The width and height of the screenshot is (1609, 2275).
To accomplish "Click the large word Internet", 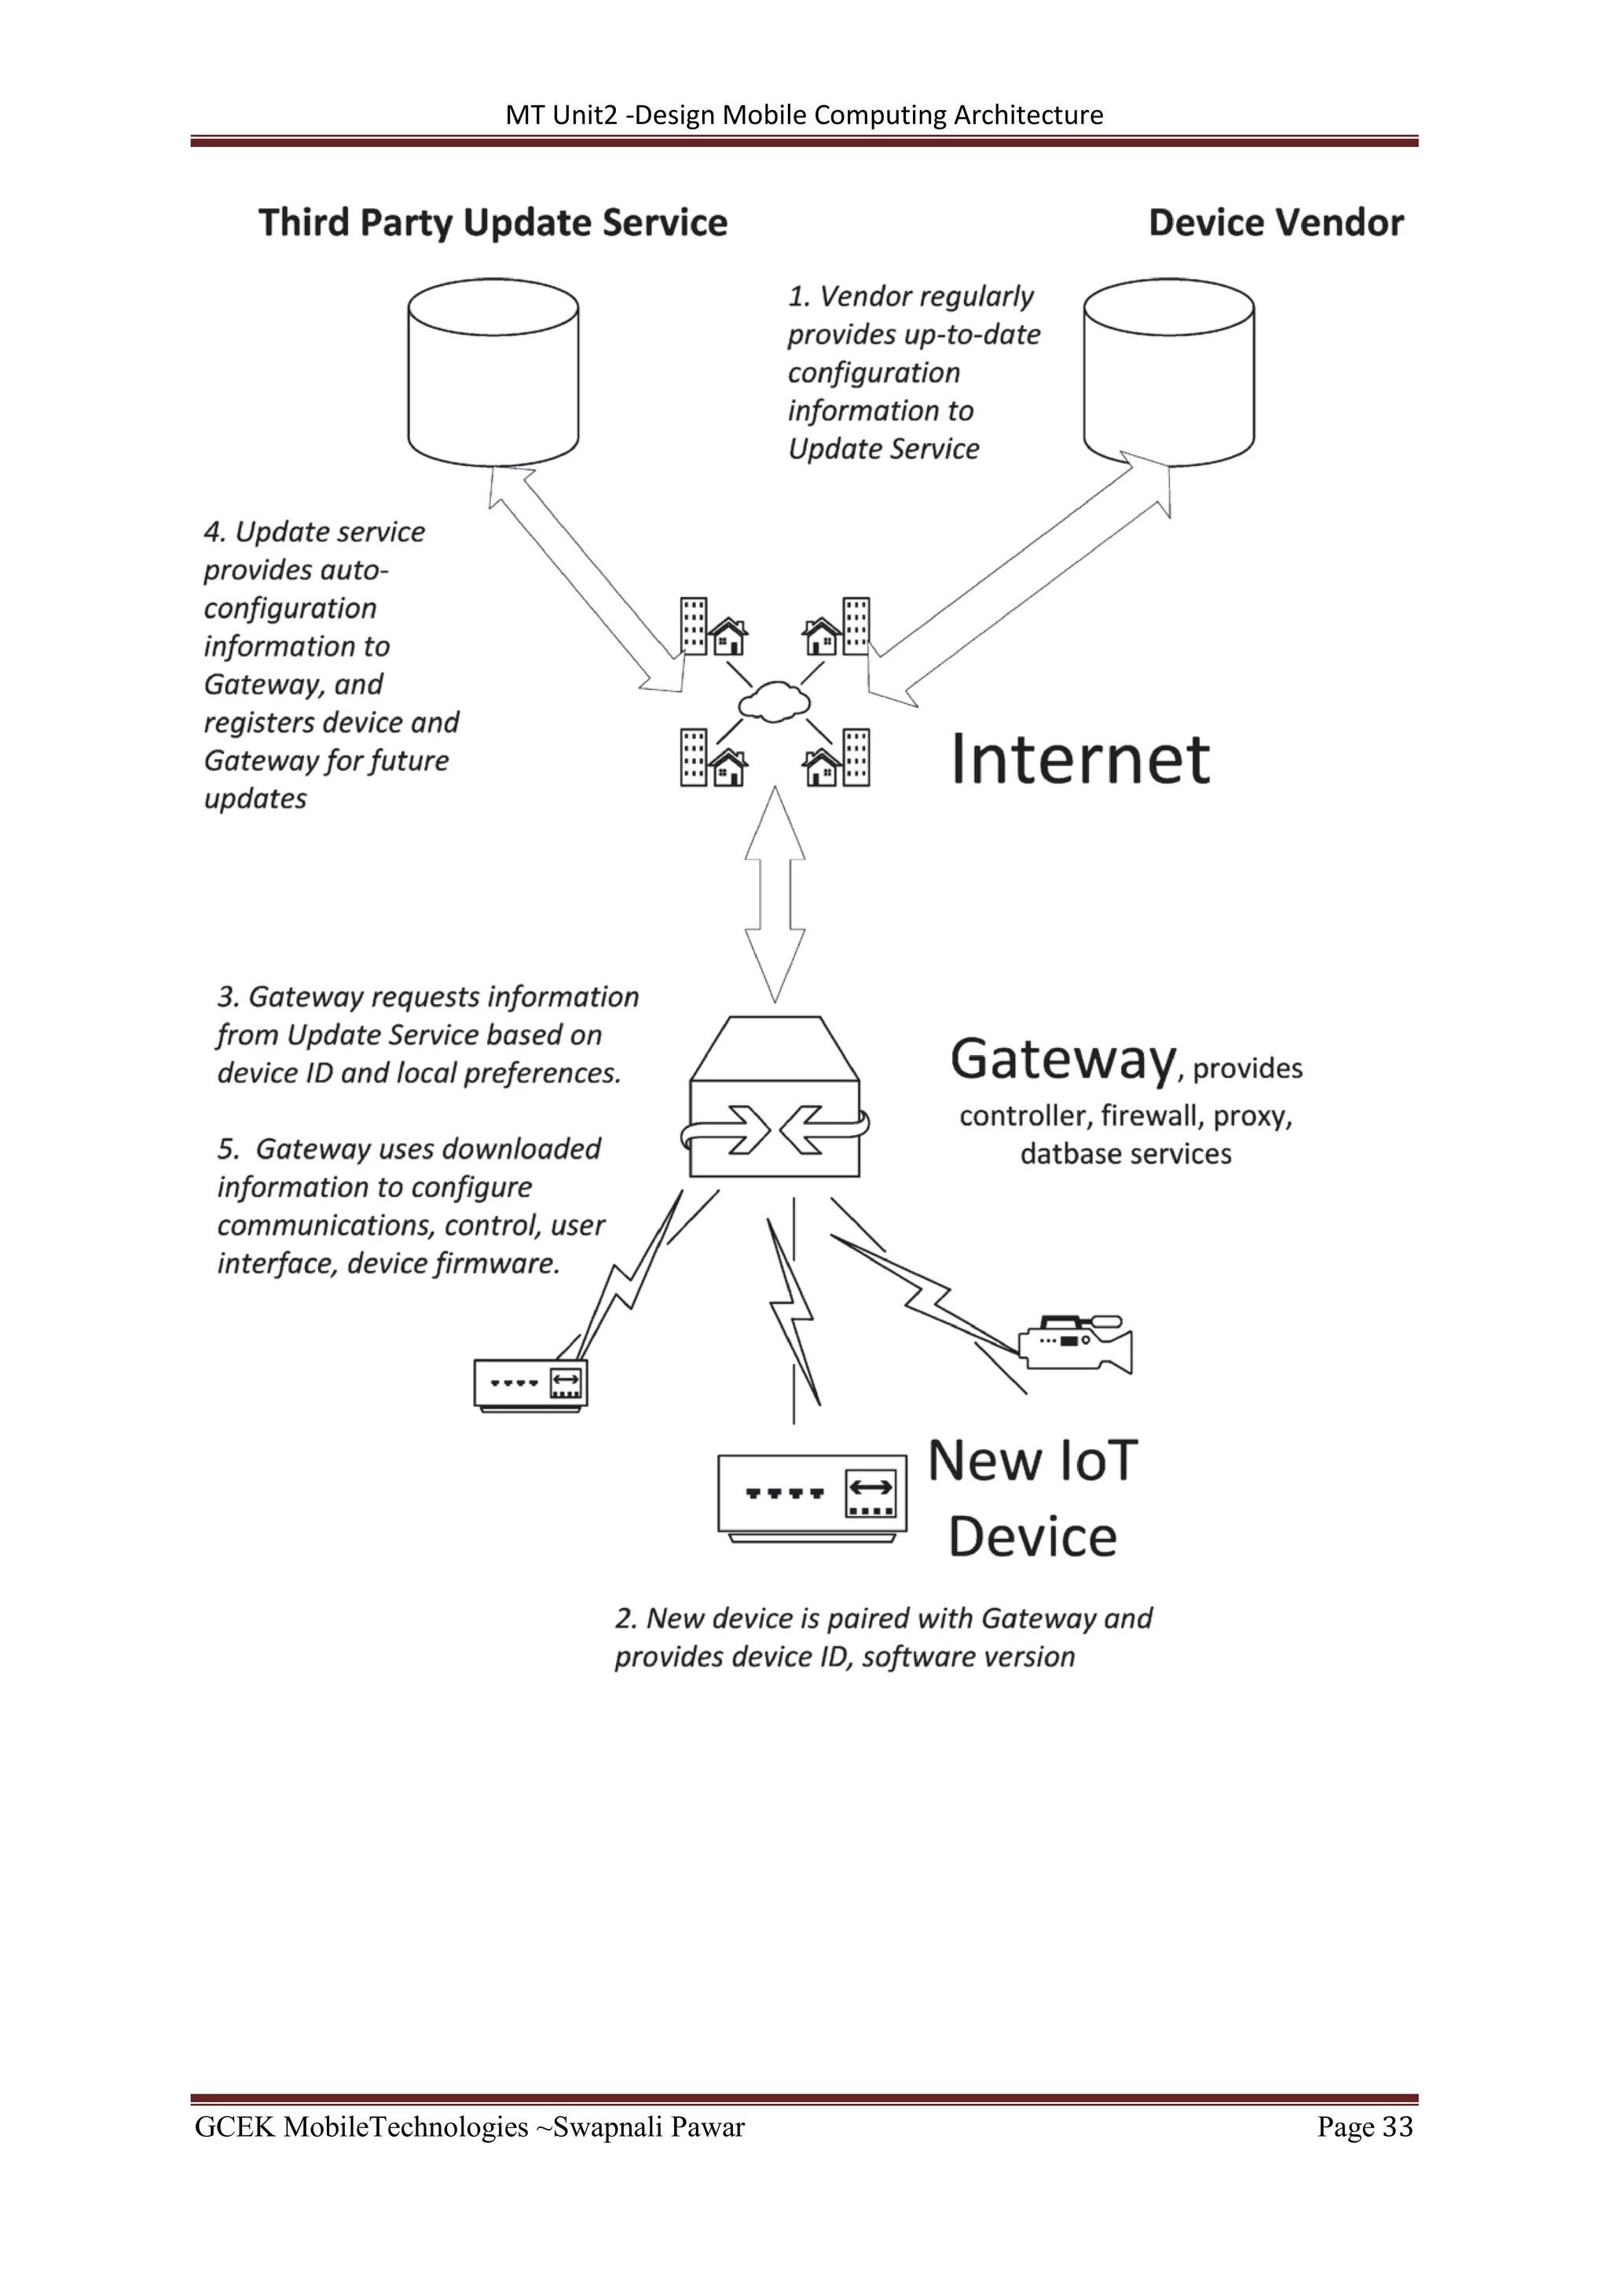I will tap(1080, 760).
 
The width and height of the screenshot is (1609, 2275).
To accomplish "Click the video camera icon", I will tap(1078, 1343).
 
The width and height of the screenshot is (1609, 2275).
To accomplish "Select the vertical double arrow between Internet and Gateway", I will tap(775, 894).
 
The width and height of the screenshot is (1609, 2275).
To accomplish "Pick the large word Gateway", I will tap(1063, 1059).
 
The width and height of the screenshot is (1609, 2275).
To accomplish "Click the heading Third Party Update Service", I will tap(493, 223).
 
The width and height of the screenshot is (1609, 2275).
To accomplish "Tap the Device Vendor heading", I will tap(1275, 223).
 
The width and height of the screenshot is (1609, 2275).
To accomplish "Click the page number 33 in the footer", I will tap(1397, 2127).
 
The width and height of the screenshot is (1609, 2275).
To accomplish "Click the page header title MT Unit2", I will tap(561, 115).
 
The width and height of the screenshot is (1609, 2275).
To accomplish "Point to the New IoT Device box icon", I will tap(812, 1497).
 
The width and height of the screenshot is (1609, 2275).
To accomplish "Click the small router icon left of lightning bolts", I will tap(530, 1383).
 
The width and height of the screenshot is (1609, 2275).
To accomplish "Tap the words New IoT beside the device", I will tap(1032, 1461).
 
